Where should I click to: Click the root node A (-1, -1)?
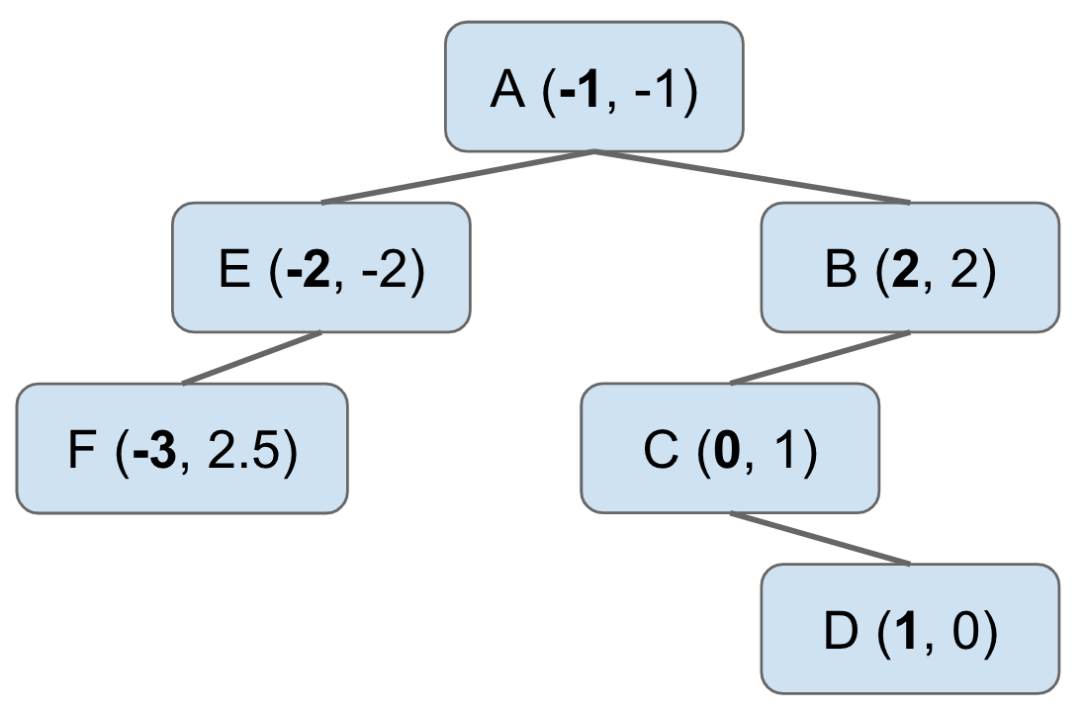pos(593,87)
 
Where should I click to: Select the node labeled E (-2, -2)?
pos(321,268)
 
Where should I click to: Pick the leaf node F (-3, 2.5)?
pos(182,449)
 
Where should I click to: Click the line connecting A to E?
pos(457,178)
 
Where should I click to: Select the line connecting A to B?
pos(752,178)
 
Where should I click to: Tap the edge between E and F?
pos(252,358)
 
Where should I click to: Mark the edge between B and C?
pos(819,358)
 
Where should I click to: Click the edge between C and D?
pos(819,539)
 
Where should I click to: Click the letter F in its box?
pos(83,452)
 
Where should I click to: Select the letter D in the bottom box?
pos(841,633)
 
